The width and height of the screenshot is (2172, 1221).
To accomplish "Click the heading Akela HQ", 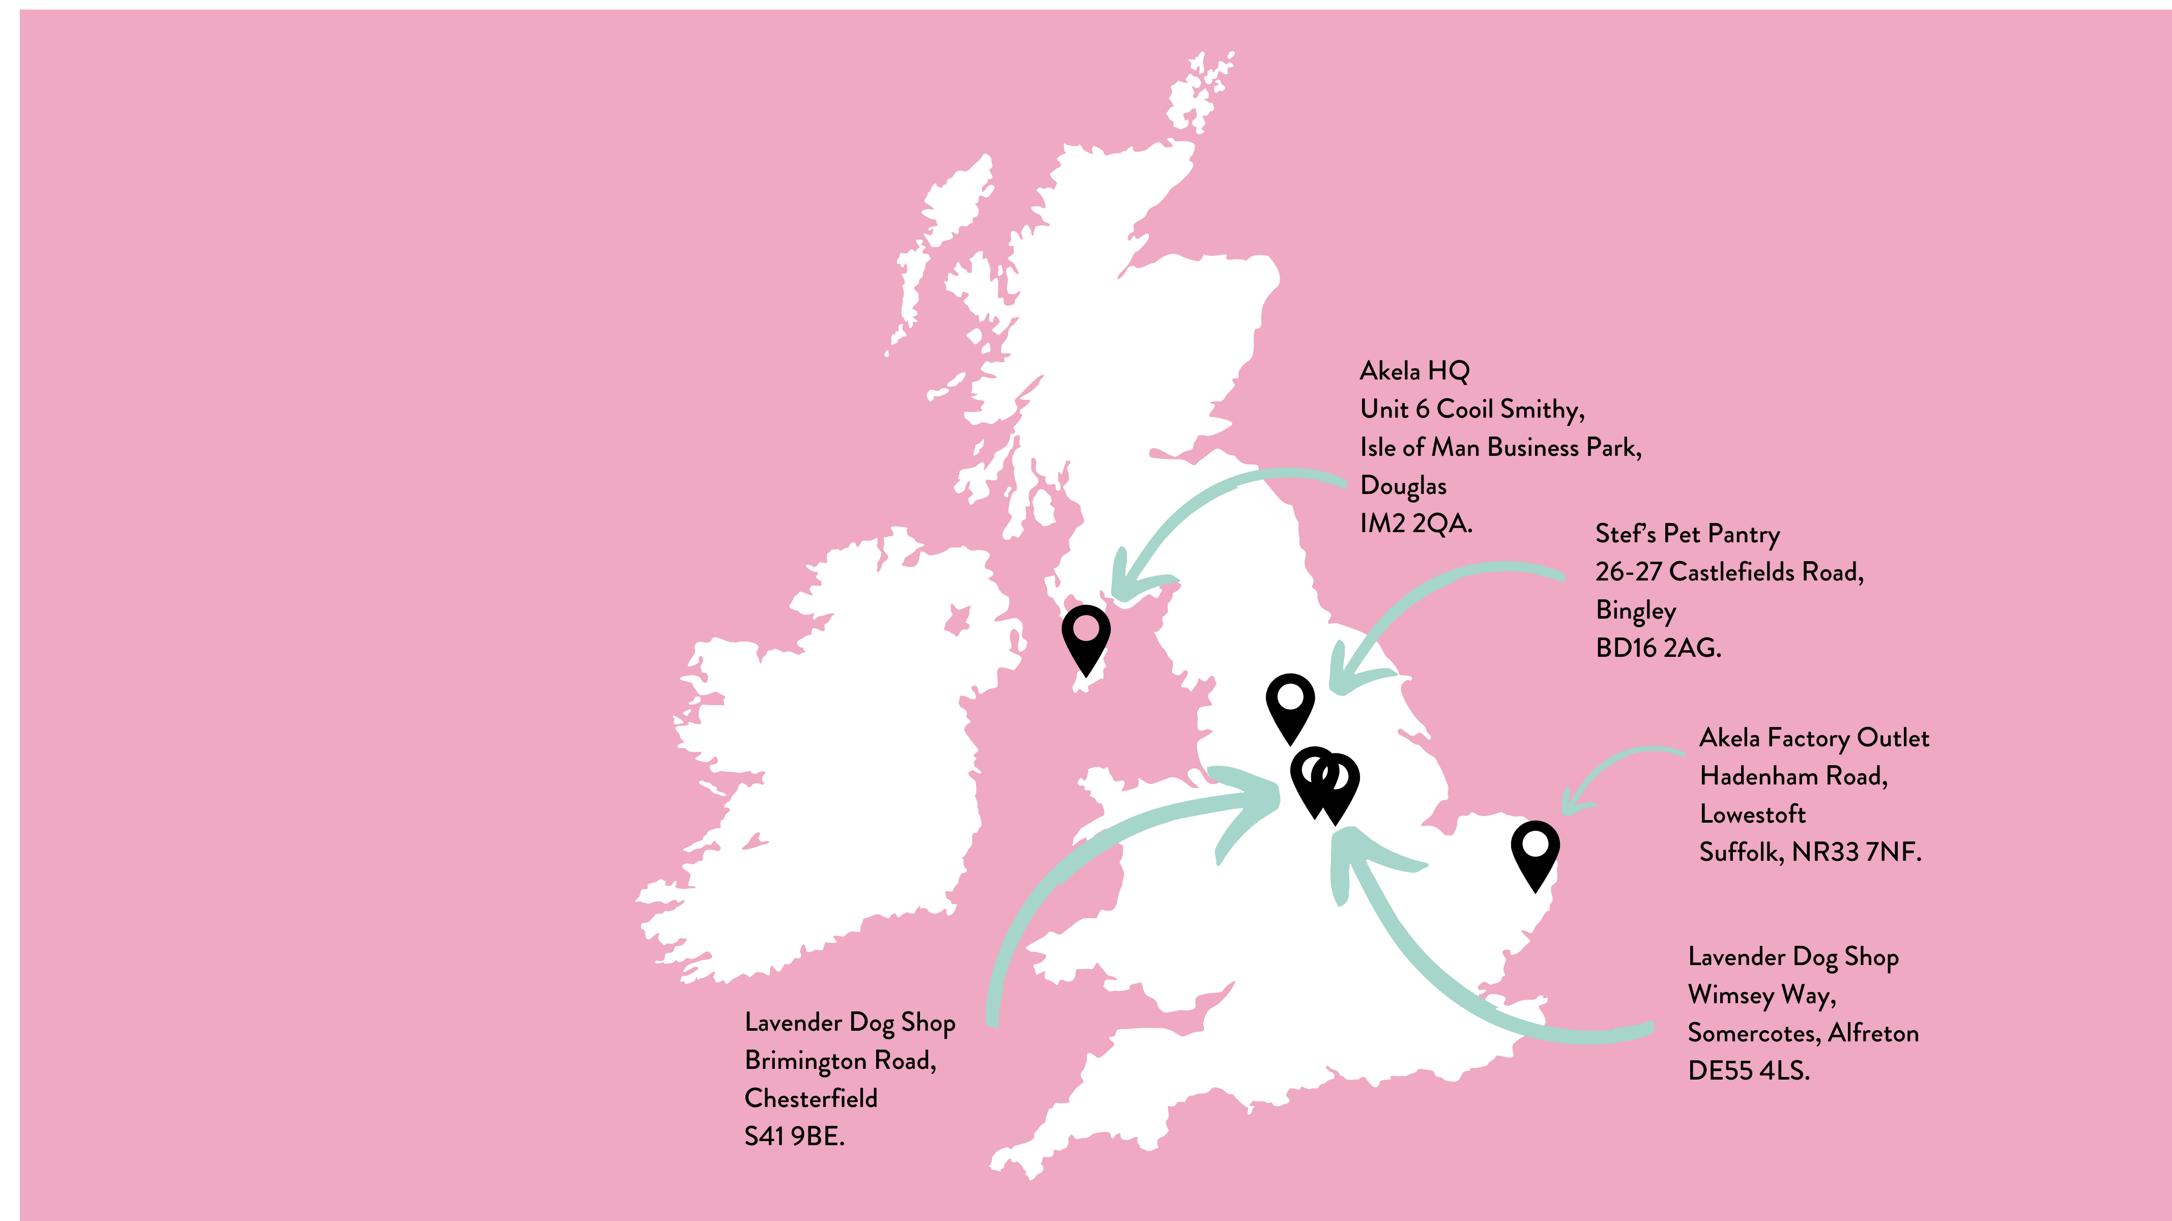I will point(1414,371).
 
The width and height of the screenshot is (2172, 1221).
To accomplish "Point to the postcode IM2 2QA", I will point(1415,524).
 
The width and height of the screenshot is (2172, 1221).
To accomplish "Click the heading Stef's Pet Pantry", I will point(1687,534).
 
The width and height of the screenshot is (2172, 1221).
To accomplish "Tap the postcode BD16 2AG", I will point(1658,648).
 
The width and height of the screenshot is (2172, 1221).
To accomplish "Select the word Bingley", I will point(1635,610).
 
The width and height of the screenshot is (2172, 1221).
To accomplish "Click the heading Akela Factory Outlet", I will point(1814,738).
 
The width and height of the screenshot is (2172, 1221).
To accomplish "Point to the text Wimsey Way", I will point(1761,995).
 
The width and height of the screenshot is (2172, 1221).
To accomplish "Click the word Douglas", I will point(1403,486).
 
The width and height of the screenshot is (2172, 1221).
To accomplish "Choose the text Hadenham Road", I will point(1792,776).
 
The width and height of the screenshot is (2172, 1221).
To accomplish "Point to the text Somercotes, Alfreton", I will point(1803,1033).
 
